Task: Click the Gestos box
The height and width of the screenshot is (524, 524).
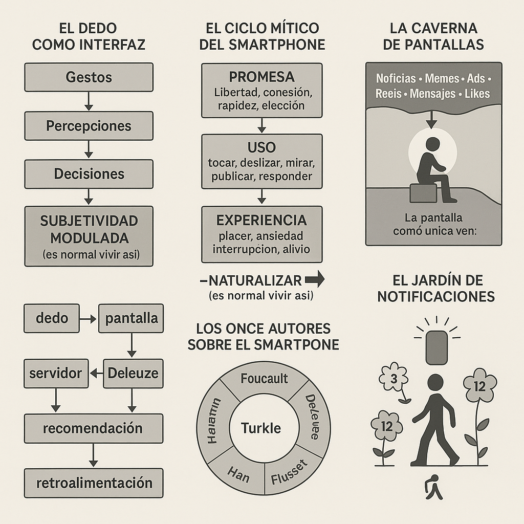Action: (x=89, y=77)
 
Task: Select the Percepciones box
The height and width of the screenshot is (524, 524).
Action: (x=89, y=126)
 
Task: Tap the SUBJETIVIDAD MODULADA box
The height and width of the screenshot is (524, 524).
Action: (x=89, y=236)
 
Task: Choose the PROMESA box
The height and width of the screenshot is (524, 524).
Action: (x=261, y=91)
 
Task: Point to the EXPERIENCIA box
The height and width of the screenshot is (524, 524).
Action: (x=261, y=234)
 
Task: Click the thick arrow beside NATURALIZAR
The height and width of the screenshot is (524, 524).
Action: (x=314, y=280)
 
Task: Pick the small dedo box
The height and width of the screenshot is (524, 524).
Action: (x=52, y=318)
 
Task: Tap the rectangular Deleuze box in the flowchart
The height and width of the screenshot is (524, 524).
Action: (x=133, y=373)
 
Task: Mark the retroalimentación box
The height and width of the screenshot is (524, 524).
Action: (x=94, y=483)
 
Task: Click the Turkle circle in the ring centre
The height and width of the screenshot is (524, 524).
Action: (x=261, y=428)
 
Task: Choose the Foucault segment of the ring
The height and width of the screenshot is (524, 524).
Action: (x=264, y=381)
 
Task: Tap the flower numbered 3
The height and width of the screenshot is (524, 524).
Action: (x=394, y=379)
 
